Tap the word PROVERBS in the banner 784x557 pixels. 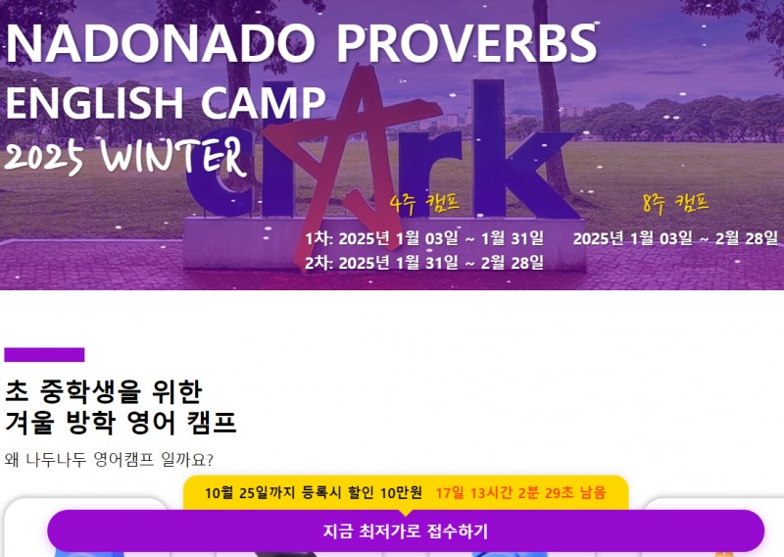pos(467,44)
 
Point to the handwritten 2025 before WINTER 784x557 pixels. pos(44,159)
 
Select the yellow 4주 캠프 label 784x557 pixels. pos(424,203)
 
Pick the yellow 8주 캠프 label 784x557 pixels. pos(675,203)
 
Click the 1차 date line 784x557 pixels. pos(423,238)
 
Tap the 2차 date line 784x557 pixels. pos(423,262)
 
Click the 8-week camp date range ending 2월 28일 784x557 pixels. pos(675,238)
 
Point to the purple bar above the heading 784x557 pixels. pos(44,355)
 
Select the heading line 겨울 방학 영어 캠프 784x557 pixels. pos(121,424)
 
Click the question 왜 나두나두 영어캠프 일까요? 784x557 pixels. pos(109,459)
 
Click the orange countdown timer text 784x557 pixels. pos(520,492)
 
